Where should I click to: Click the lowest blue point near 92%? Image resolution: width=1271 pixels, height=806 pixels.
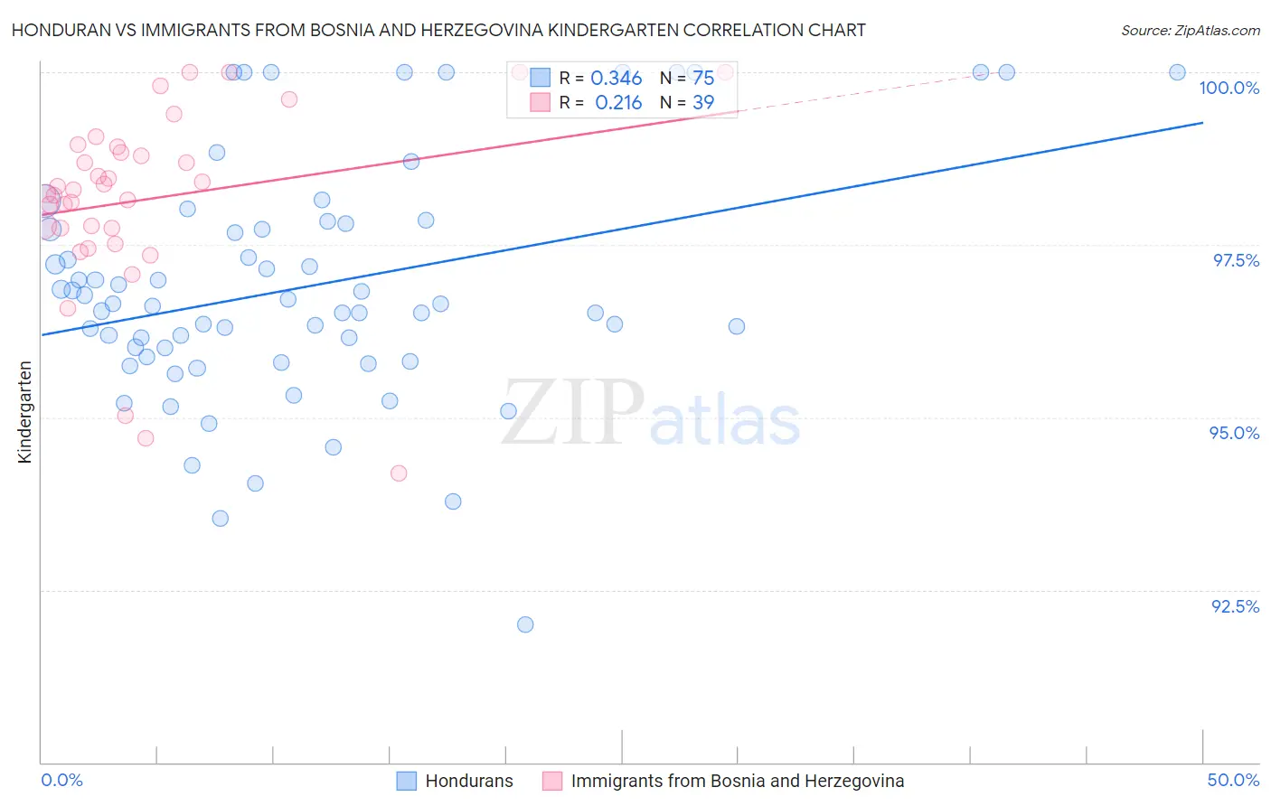525,624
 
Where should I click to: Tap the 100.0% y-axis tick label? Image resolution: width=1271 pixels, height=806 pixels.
1229,88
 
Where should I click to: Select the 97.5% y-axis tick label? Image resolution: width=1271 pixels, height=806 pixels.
1236,260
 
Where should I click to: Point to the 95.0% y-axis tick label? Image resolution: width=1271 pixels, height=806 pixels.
1234,433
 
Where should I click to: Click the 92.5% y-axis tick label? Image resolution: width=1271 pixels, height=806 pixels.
1235,606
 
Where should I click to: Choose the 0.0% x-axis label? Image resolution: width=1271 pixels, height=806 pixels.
61,780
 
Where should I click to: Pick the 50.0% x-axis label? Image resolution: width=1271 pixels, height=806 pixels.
1233,780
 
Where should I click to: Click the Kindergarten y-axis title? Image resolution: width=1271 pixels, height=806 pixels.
25,412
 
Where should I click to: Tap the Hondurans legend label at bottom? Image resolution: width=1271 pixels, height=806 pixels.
469,781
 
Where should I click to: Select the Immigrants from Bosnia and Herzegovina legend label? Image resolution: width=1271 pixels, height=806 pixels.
738,781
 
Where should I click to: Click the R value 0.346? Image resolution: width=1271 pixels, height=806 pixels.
616,78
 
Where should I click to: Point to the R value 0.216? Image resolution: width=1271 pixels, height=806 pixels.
618,102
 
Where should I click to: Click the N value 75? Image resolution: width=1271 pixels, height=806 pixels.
703,78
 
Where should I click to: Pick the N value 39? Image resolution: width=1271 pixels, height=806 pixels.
703,102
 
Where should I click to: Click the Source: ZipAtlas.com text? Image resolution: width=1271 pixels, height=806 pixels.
1190,30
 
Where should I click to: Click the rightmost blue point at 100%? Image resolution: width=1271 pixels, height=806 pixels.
1177,72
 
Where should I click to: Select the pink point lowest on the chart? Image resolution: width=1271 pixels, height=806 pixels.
399,473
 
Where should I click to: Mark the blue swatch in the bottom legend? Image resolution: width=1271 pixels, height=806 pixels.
407,781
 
